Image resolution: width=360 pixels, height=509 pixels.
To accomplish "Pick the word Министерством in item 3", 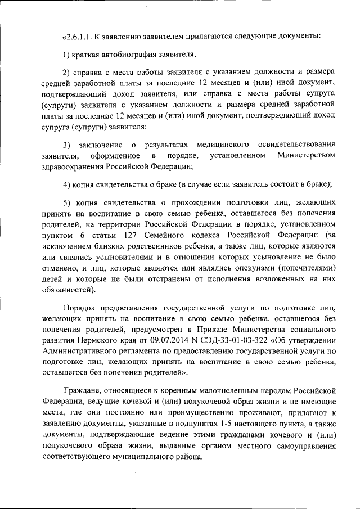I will [x=307, y=155].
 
